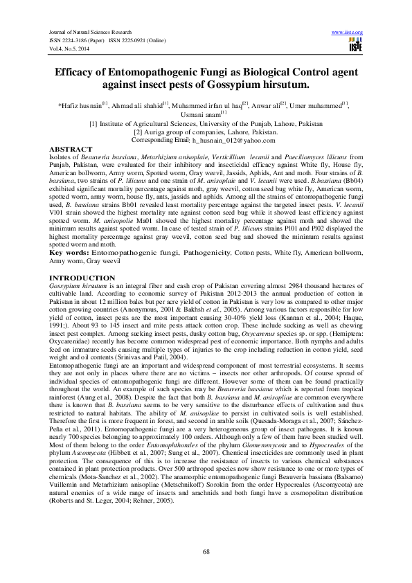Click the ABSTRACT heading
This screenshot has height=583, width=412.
(x=71, y=150)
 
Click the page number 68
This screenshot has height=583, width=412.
(x=206, y=550)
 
